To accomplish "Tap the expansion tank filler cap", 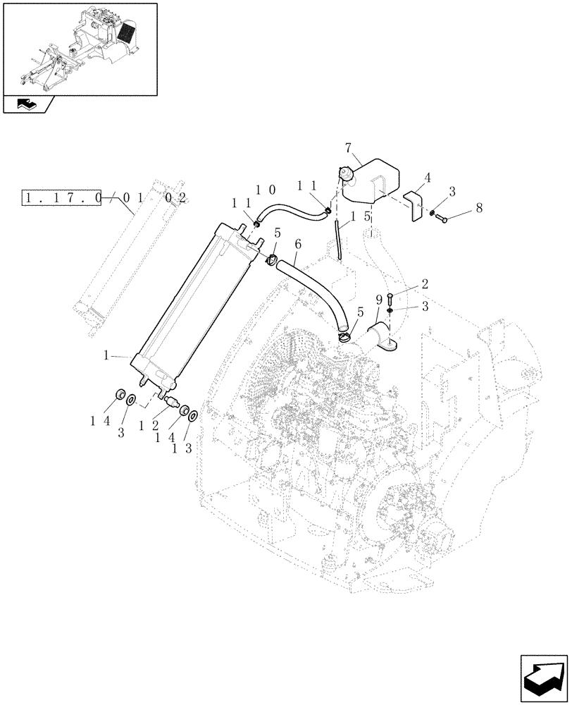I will [346, 173].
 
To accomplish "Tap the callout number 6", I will [298, 243].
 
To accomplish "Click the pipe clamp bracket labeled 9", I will [384, 338].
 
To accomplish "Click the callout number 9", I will [378, 300].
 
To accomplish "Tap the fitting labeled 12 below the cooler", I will [170, 405].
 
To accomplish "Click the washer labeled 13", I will [193, 416].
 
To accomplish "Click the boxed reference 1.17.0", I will [63, 198].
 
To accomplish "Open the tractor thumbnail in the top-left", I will [79, 48].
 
